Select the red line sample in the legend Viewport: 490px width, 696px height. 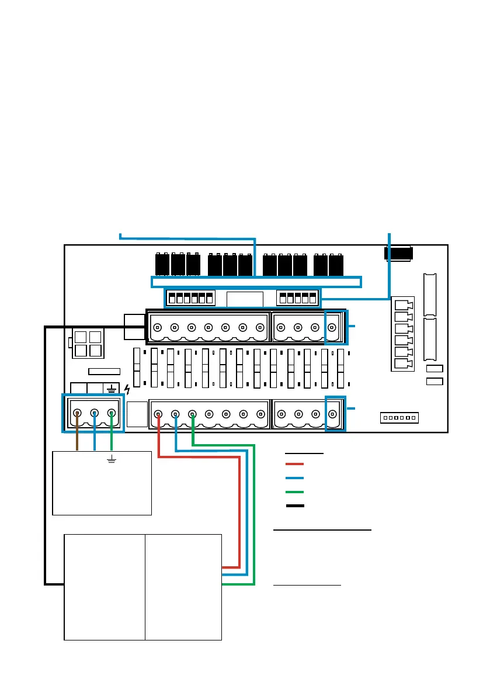(295, 464)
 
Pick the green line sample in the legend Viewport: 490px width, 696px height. (295, 492)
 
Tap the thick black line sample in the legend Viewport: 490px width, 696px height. (295, 505)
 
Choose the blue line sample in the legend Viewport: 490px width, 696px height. (295, 478)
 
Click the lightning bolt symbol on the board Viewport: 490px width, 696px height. (128, 388)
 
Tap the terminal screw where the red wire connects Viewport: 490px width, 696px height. (158, 414)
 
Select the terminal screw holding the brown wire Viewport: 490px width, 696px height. (78, 414)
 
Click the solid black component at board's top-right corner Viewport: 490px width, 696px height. (399, 253)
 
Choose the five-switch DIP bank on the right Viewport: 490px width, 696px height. (298, 298)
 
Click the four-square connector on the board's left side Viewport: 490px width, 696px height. (87, 344)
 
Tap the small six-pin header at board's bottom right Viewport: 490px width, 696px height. (400, 418)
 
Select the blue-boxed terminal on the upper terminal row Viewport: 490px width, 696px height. (334, 327)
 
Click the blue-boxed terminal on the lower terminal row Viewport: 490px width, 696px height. (334, 414)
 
